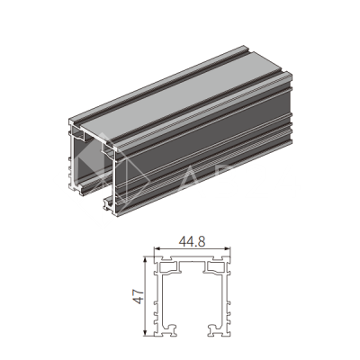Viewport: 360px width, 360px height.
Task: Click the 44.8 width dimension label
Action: pos(192,241)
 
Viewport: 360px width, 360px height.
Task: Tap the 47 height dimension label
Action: pos(138,297)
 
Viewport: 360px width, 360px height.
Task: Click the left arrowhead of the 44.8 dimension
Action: pos(156,249)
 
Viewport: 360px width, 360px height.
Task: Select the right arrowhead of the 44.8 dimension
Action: pos(228,249)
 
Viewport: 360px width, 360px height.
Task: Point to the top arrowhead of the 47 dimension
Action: pos(146,259)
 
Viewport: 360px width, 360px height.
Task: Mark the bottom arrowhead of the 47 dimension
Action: pos(146,333)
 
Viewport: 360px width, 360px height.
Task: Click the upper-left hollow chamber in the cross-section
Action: pos(168,266)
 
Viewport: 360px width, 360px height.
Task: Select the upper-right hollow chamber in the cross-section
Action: pos(216,266)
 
